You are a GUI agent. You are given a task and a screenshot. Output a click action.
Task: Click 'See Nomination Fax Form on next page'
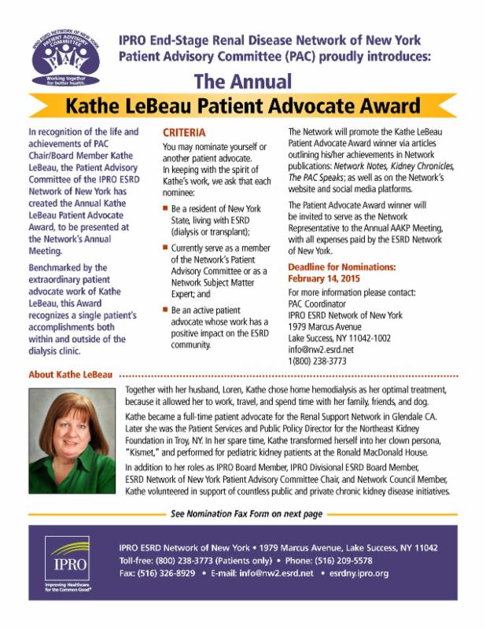(x=246, y=514)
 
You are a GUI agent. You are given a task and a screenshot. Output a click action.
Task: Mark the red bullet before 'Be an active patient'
(x=165, y=311)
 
